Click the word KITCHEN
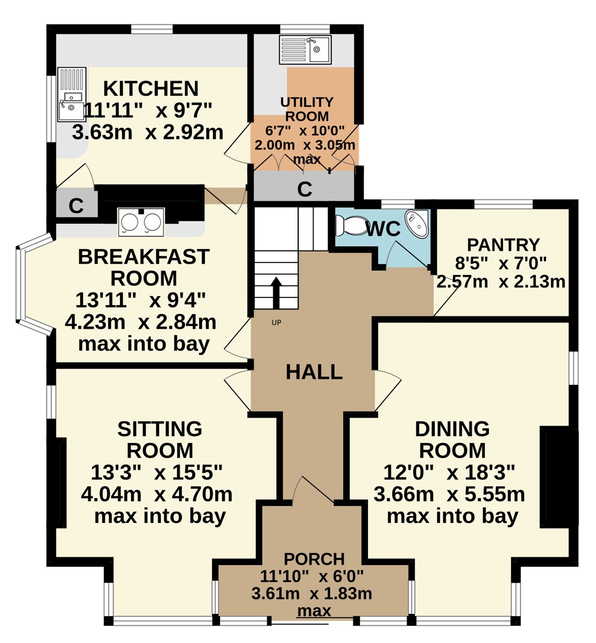click(x=151, y=89)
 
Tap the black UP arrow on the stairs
click(x=276, y=293)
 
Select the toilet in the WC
click(x=351, y=225)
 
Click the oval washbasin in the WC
click(x=416, y=222)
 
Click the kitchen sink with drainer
click(x=72, y=94)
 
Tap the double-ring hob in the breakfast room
click(x=141, y=222)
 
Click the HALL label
click(x=314, y=372)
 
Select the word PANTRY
click(x=503, y=245)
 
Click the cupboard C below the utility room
click(x=304, y=189)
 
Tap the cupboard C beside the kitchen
click(x=76, y=206)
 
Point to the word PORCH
click(x=314, y=559)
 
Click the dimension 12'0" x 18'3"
click(x=449, y=472)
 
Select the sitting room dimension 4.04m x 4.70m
click(x=157, y=494)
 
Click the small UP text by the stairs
click(x=276, y=323)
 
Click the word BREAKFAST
click(x=144, y=257)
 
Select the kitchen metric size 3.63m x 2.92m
click(x=147, y=132)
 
